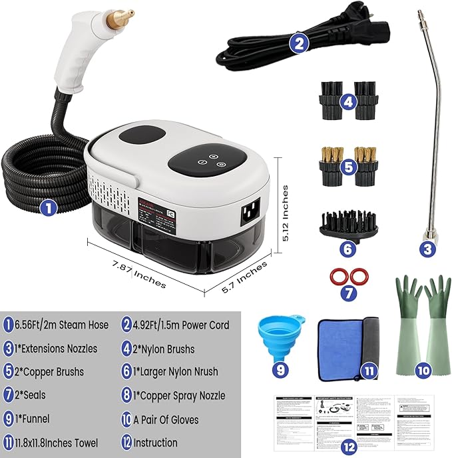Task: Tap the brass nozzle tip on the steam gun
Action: [119, 14]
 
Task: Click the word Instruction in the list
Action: [155, 442]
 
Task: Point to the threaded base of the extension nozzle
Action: [427, 233]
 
